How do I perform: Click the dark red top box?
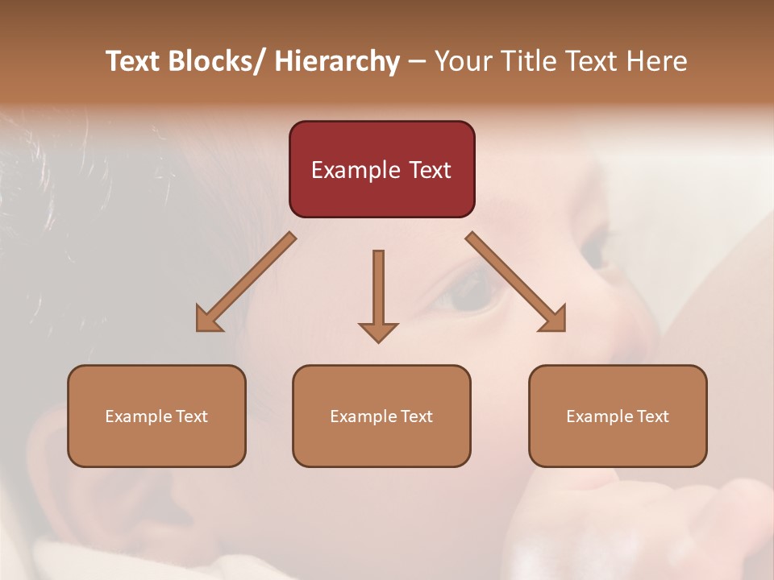click(x=381, y=169)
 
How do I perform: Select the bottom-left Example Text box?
click(x=156, y=416)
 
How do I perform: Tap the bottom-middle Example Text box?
click(x=381, y=416)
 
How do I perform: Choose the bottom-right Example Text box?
click(x=618, y=416)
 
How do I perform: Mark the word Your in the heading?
click(x=462, y=61)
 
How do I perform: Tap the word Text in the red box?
click(x=430, y=170)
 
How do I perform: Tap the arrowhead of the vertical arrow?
click(x=378, y=332)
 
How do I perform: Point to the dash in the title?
click(x=417, y=62)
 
